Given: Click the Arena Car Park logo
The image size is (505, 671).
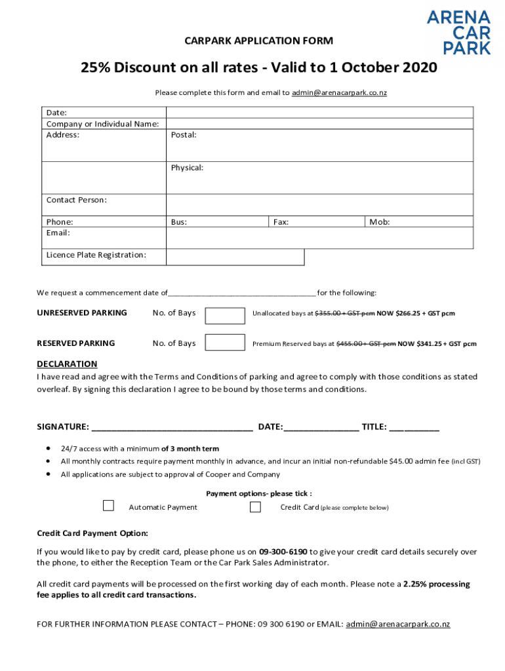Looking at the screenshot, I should click(458, 32).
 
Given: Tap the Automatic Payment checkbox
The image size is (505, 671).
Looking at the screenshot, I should click(108, 505).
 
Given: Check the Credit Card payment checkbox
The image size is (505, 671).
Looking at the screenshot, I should click(255, 507).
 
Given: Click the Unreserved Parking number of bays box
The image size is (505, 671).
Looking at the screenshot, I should click(225, 315).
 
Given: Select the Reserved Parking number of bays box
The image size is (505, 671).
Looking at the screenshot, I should click(225, 342).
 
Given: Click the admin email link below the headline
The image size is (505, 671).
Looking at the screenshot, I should click(339, 93).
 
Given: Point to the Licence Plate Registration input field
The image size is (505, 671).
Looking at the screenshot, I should click(235, 256).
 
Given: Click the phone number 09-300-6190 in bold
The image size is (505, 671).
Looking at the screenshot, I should click(283, 552).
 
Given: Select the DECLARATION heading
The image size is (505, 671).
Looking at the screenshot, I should click(67, 364).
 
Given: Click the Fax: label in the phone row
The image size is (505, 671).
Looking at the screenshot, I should click(281, 222).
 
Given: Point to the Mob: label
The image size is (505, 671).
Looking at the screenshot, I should click(380, 222).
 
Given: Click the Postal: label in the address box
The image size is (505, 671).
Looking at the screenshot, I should click(184, 135).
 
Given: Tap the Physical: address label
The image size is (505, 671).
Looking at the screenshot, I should click(187, 168).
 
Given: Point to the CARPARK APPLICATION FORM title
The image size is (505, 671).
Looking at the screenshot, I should click(258, 41).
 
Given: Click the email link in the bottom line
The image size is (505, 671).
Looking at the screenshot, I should click(397, 624).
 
